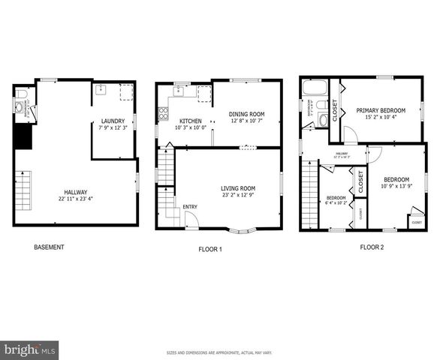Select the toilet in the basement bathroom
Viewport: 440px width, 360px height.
coord(21,94)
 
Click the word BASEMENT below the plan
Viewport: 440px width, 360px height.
coord(50,247)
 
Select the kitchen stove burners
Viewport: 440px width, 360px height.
coord(163,114)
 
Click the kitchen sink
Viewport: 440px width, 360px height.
coord(179,92)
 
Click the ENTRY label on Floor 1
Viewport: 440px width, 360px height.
coord(189,207)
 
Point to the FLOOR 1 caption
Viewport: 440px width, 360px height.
coord(209,249)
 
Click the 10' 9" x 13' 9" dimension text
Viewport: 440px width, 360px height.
coord(396,185)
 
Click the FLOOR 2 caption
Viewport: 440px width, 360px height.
coord(371,247)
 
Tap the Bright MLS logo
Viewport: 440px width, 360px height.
coord(30,349)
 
